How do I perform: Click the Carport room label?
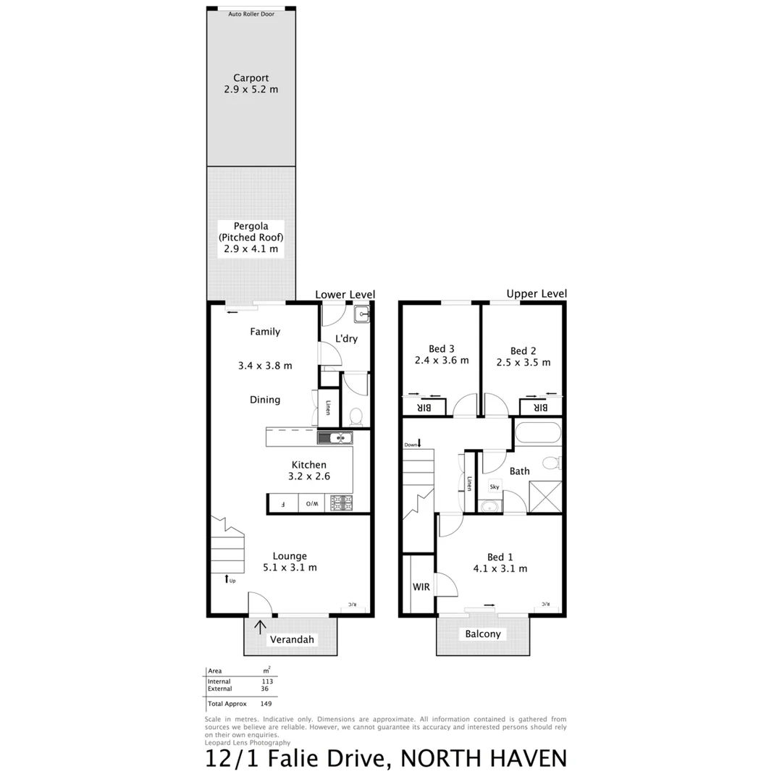point(251,78)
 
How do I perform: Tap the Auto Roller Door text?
point(251,14)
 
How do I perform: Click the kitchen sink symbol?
point(335,437)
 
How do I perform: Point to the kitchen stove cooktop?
point(341,503)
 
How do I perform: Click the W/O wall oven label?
point(309,503)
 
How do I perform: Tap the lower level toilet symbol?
point(356,416)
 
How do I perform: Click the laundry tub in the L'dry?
point(361,314)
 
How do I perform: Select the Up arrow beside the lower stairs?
point(228,579)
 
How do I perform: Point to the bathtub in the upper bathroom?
point(538,434)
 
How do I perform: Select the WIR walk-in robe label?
point(421,586)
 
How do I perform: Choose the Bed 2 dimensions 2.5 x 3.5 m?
point(523,362)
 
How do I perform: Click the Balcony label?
point(483,634)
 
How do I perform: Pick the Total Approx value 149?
point(265,704)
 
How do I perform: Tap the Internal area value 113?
point(267,681)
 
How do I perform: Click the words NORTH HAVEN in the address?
point(484,759)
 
